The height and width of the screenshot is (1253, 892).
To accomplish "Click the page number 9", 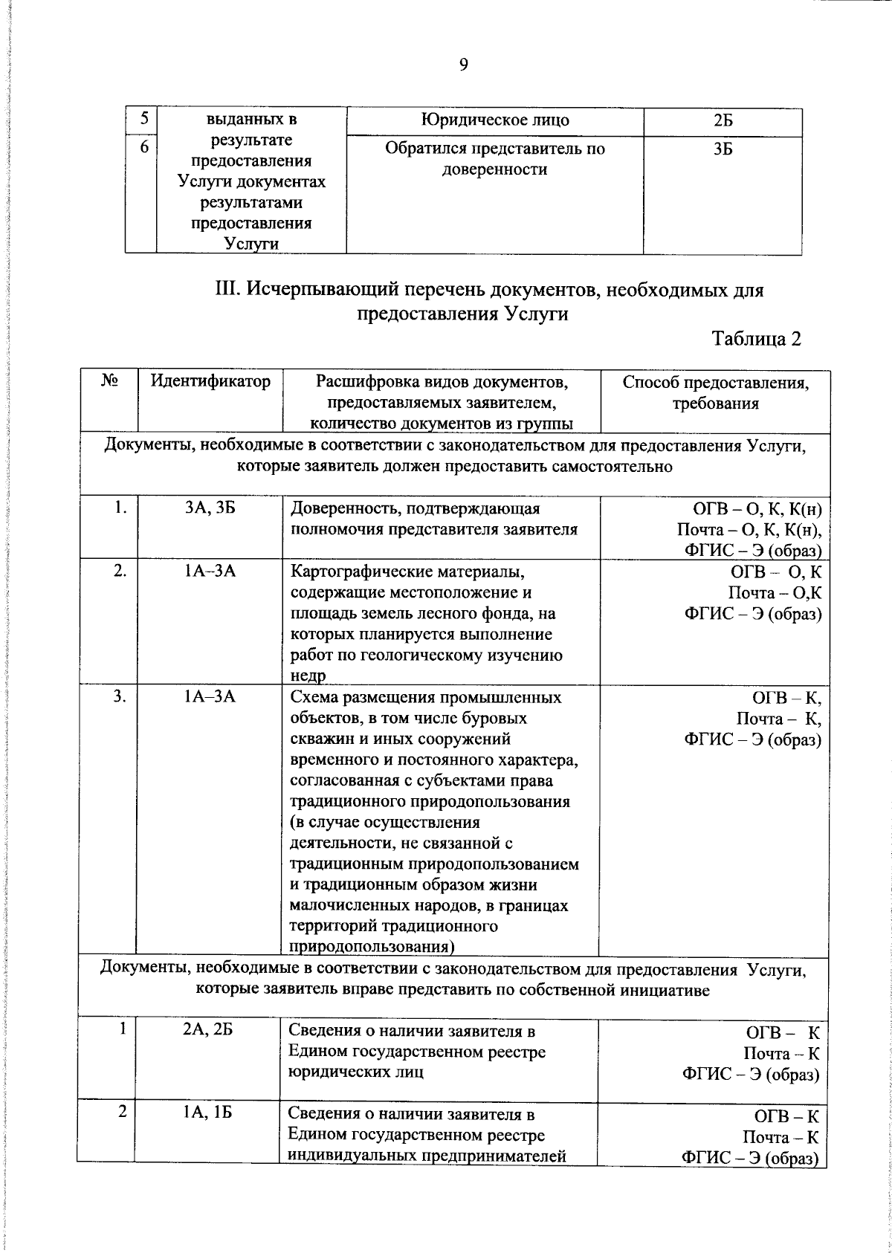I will pos(463,65).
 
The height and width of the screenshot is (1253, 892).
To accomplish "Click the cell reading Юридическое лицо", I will pos(494,120).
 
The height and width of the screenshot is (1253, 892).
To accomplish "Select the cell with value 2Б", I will pos(722,120).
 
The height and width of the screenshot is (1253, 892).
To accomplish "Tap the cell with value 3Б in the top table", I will pos(722,149).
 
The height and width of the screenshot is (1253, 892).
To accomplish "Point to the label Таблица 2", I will pos(757,339).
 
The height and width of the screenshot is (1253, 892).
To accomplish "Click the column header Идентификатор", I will pos(210,382).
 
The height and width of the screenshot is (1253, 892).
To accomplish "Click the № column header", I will pos(110,381).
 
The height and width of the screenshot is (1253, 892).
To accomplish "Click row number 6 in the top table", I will pos(144,148).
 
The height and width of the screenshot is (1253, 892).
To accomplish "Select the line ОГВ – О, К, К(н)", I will pos(757,509).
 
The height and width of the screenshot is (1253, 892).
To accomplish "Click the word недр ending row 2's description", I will pos(307,675).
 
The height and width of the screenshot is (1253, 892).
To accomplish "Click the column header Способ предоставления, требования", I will pos(715,393).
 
